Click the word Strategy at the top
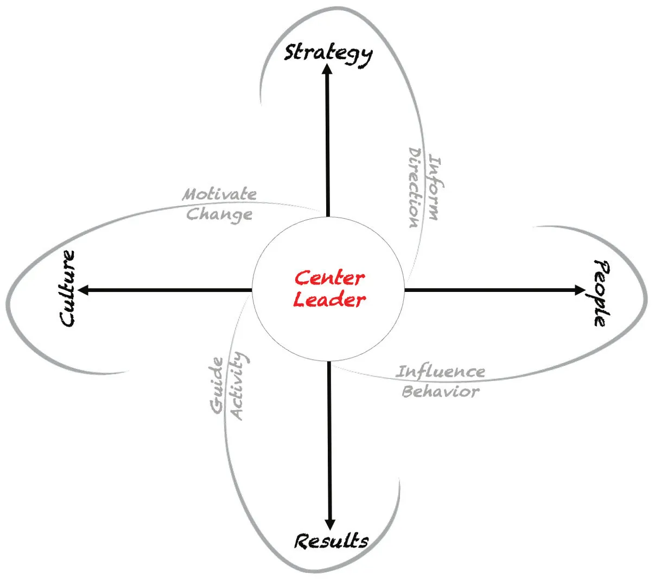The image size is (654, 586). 328,53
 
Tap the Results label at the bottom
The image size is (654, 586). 331,541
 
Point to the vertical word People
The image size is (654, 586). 601,293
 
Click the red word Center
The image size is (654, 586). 329,278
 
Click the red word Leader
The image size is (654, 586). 329,300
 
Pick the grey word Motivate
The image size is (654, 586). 219,194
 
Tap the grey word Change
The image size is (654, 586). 219,214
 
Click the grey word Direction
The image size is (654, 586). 415,188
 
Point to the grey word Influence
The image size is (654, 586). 440,372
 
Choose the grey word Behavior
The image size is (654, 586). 440,391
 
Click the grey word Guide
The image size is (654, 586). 217,385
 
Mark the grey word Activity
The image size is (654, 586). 238,386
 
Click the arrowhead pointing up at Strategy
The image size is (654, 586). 327,69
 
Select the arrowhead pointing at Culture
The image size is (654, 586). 84,290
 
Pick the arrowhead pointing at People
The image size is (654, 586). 580,290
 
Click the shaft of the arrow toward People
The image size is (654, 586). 488,290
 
